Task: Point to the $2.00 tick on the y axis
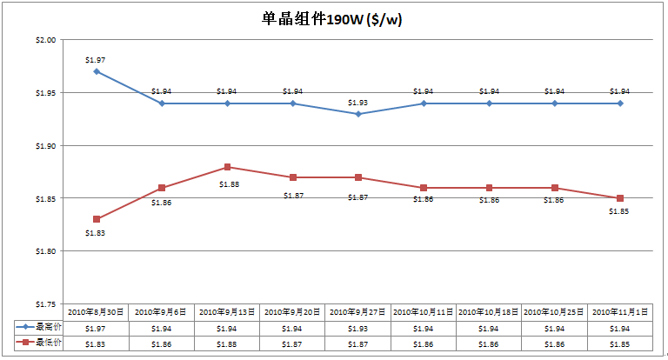click(45, 40)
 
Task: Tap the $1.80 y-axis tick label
click(45, 251)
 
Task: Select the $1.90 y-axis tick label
click(45, 146)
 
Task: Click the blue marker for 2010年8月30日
click(97, 71)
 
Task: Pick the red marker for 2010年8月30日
click(97, 219)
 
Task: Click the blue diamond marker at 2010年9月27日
click(358, 114)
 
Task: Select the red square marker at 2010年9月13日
click(227, 167)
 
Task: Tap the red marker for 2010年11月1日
click(620, 198)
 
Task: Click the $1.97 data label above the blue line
click(96, 60)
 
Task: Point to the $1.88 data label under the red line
click(227, 184)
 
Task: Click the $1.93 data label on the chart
click(358, 103)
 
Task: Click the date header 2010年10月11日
click(424, 311)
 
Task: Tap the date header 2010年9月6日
click(162, 311)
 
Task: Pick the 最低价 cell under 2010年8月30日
click(97, 343)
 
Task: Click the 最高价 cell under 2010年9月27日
click(358, 328)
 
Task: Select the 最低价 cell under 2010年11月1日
click(620, 343)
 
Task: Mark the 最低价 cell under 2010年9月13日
click(227, 343)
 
